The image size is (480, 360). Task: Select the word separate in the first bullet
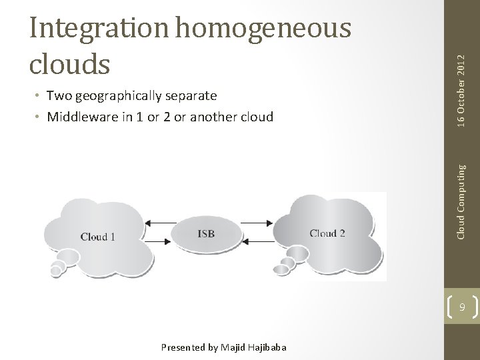click(189, 96)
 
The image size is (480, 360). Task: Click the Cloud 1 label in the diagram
click(97, 237)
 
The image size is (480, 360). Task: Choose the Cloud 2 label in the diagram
click(327, 233)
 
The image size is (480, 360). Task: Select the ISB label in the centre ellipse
click(206, 233)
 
